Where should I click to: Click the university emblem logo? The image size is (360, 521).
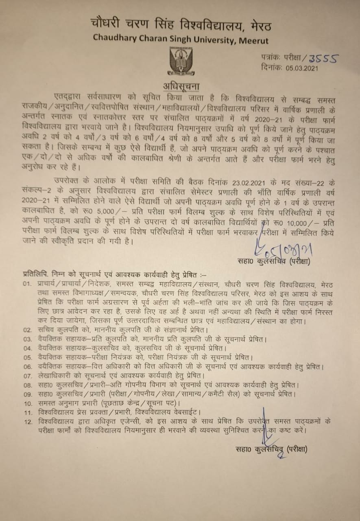181,61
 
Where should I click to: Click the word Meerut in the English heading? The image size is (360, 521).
253,40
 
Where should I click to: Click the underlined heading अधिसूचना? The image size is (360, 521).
181,87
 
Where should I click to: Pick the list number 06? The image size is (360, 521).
27,367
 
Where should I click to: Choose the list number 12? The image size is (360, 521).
27,422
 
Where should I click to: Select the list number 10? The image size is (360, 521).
27,403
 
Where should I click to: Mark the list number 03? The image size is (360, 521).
27,339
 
